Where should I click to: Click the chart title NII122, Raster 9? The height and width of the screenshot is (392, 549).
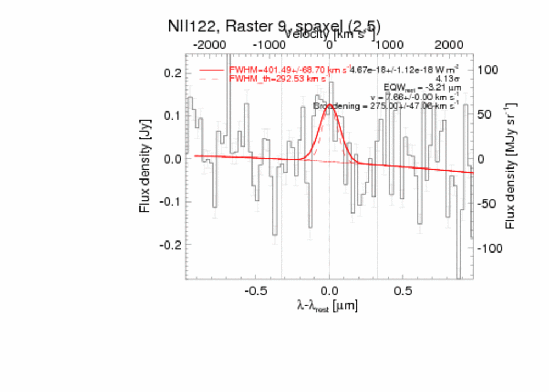coord(231,26)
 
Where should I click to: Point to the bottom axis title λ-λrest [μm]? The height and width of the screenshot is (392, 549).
coord(328,305)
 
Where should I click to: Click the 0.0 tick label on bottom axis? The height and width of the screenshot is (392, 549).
coord(329,289)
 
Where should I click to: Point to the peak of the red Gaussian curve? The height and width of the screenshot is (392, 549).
coord(329,104)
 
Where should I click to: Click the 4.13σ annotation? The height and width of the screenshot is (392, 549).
coord(447,79)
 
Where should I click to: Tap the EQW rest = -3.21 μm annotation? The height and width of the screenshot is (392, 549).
coord(421,88)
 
